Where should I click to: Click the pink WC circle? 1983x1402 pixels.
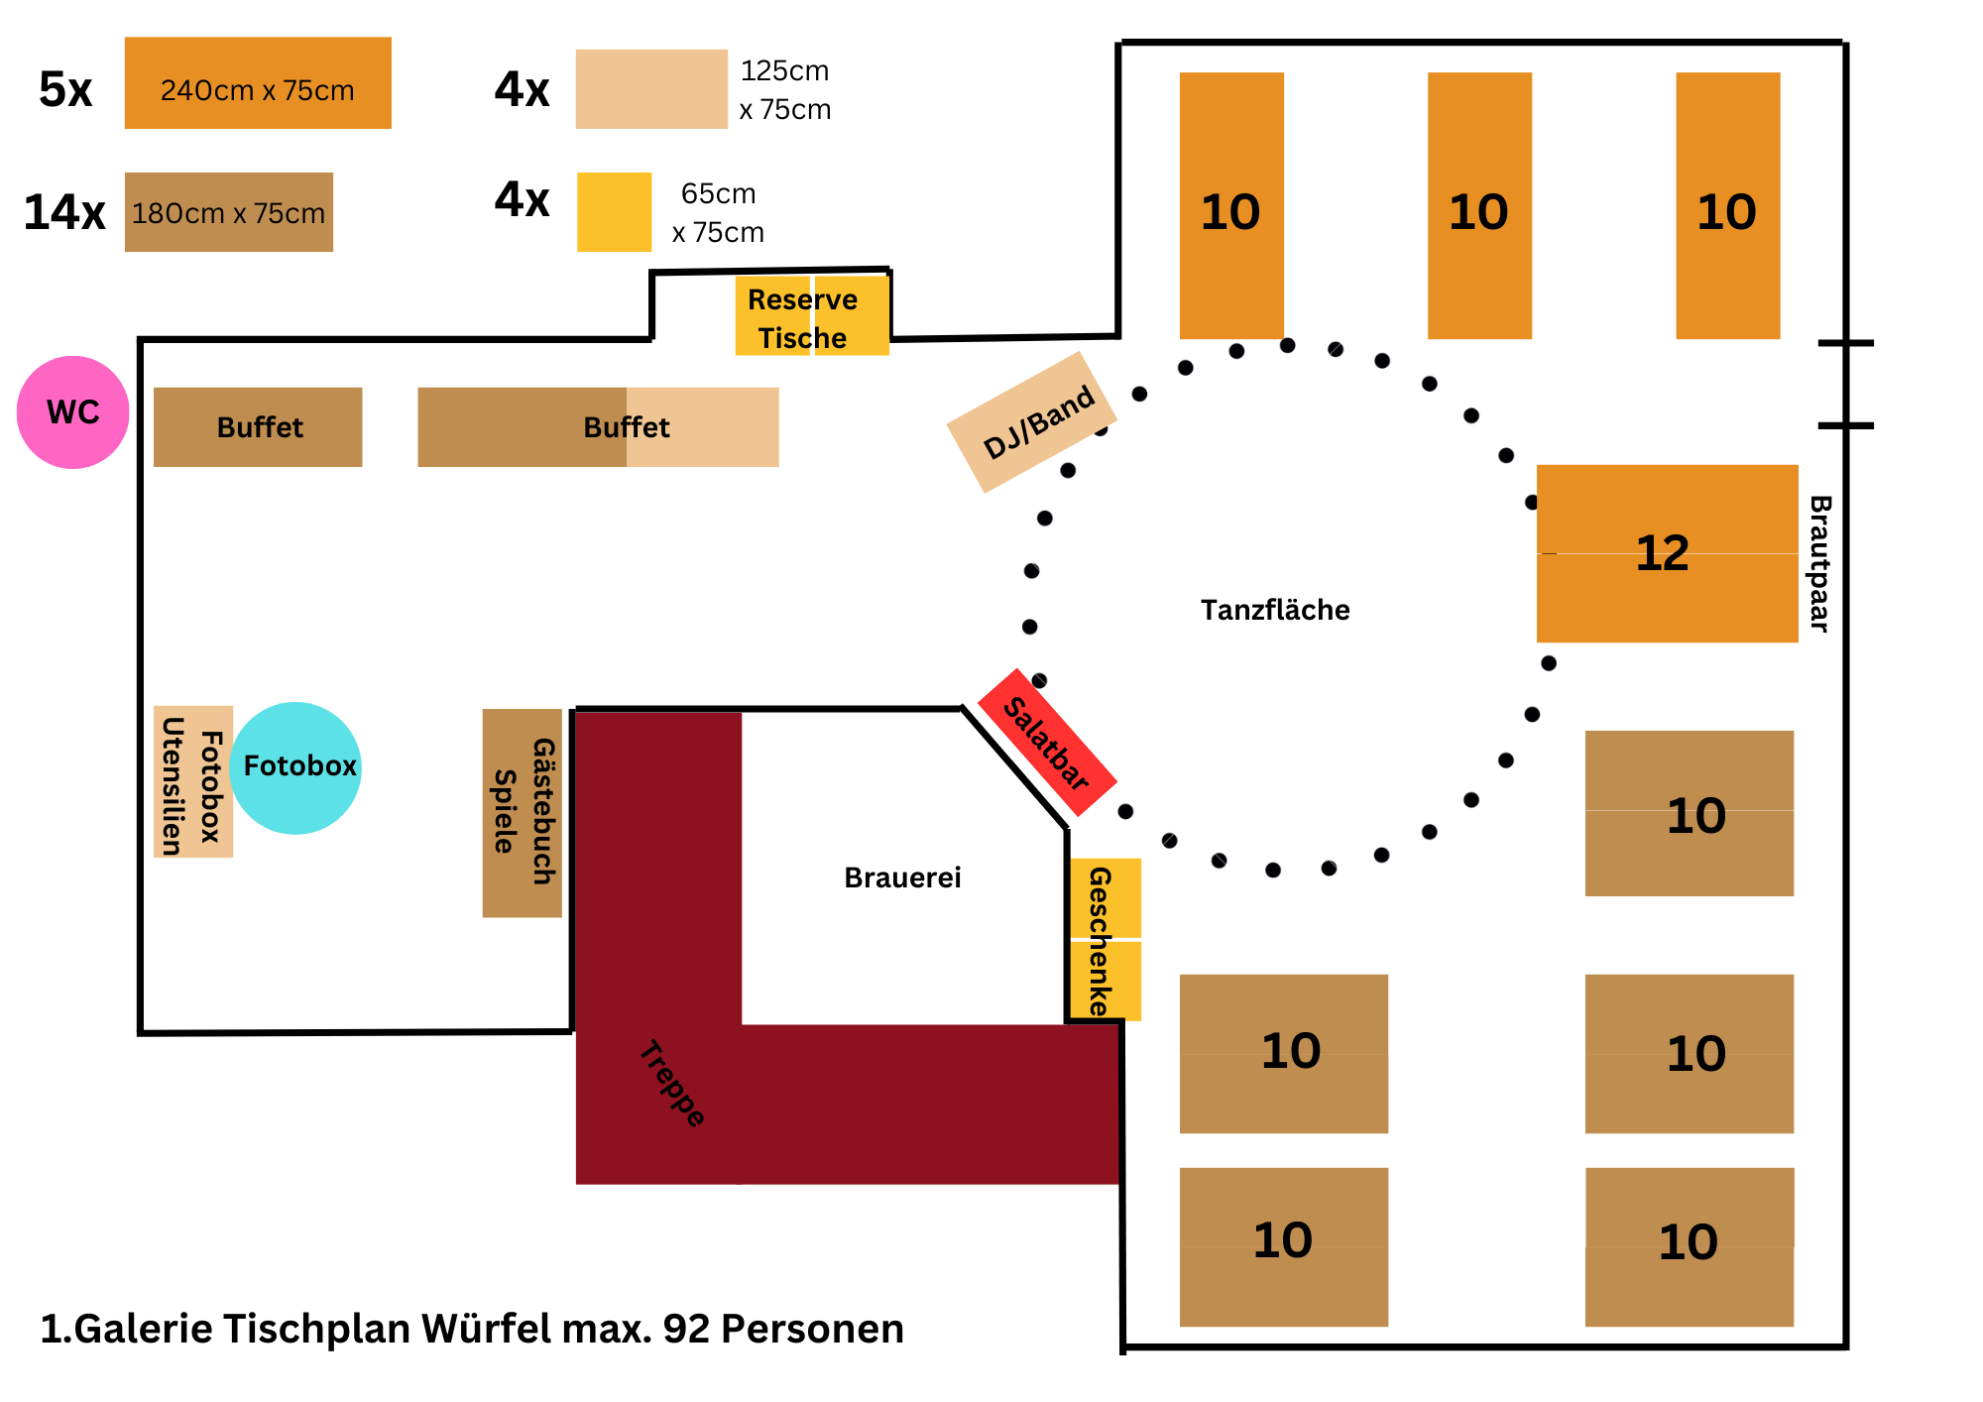click(x=72, y=412)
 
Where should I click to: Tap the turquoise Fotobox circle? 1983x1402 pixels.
click(x=295, y=767)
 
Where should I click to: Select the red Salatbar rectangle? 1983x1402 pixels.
click(x=1047, y=743)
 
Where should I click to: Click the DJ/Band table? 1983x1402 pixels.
click(x=1032, y=422)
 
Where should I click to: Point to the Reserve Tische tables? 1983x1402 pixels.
click(x=811, y=316)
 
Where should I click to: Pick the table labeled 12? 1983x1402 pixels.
click(x=1667, y=553)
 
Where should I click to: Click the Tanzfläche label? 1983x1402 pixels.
click(x=1275, y=610)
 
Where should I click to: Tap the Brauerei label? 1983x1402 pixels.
click(x=902, y=877)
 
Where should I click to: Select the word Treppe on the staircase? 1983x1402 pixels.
click(x=672, y=1084)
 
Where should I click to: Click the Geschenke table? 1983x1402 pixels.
click(x=1106, y=939)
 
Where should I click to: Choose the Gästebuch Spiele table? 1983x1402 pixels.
click(x=523, y=812)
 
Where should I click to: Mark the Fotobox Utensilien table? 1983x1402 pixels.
click(x=193, y=781)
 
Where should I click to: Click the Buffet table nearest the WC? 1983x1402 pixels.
click(x=258, y=427)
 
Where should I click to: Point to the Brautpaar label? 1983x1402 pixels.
click(x=1819, y=563)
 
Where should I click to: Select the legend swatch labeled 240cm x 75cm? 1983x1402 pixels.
click(x=258, y=83)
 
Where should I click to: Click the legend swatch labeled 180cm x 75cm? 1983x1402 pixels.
click(x=228, y=212)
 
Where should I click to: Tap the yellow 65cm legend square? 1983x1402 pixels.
click(x=615, y=212)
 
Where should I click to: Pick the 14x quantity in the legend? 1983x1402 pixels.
click(x=64, y=212)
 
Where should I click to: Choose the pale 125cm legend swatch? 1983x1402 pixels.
click(x=651, y=89)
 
